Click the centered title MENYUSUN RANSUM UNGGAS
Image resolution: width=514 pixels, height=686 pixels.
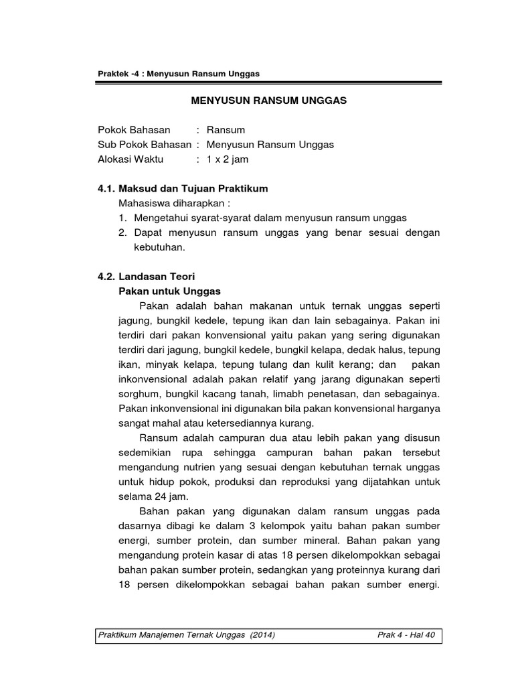(270, 101)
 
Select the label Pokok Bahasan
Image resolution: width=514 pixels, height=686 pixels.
(134, 129)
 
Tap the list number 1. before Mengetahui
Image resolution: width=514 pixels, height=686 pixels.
(122, 218)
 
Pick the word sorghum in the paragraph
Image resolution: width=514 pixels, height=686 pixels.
(138, 393)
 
